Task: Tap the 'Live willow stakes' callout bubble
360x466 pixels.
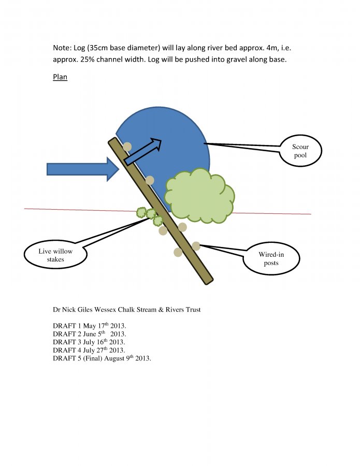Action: [x=55, y=255]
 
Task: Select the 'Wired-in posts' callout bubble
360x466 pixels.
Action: [x=271, y=259]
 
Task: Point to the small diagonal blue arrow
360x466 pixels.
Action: [x=142, y=150]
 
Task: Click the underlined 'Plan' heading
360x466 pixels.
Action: [x=60, y=77]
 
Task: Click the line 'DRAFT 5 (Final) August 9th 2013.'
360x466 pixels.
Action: [x=102, y=358]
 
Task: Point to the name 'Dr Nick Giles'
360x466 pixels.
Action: [x=72, y=310]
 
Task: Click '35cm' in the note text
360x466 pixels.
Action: [x=96, y=48]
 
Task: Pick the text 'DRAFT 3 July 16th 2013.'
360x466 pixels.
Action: [x=89, y=342]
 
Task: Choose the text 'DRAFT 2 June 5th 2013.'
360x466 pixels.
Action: [x=90, y=334]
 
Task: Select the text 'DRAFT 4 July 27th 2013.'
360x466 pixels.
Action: [x=89, y=351]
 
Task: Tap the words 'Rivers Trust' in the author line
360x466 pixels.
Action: [x=182, y=310]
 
